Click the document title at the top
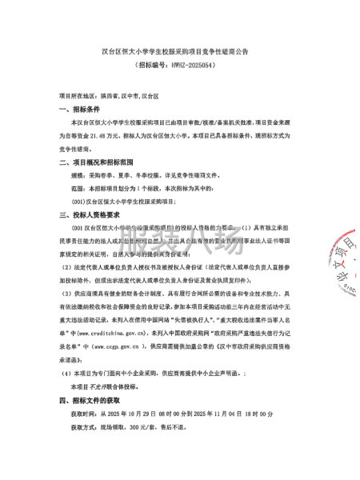[180, 50]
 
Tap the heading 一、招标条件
[81, 109]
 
